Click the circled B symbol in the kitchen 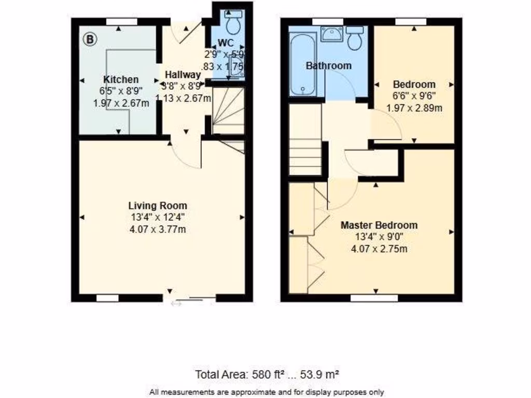tap(90, 39)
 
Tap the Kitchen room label tap(121, 79)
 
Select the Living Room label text tap(158, 206)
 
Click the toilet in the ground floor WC tap(232, 23)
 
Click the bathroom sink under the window tap(330, 34)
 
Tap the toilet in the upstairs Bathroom tap(355, 38)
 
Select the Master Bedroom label tap(379, 225)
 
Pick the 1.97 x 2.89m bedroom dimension tap(414, 108)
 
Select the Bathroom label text tap(328, 66)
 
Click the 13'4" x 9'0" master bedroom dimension tap(379, 237)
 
